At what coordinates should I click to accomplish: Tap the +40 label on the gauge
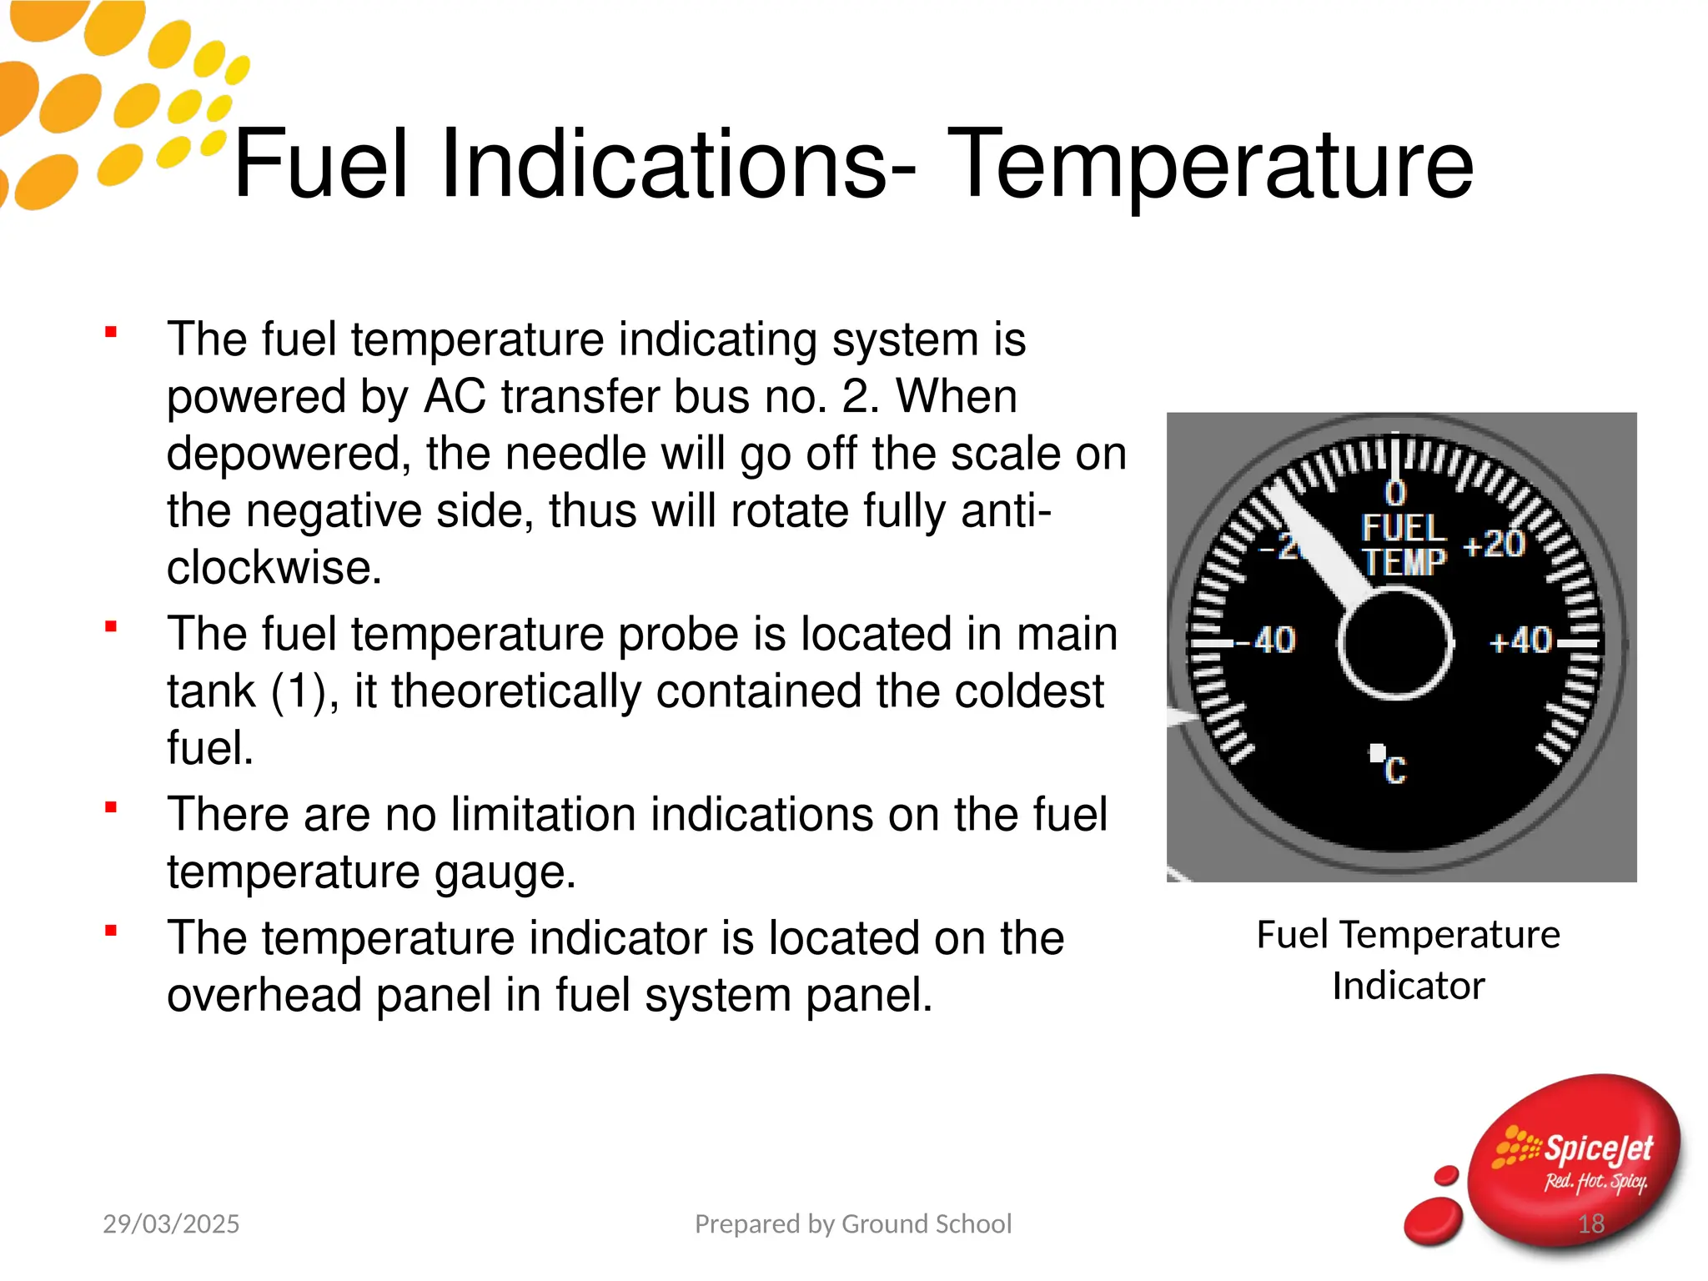click(x=1520, y=641)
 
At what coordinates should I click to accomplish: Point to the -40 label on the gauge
click(x=1265, y=640)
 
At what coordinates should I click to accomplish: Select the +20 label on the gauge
click(x=1494, y=545)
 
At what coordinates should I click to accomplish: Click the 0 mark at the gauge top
click(x=1395, y=493)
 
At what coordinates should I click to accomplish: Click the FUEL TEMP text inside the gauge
click(x=1404, y=545)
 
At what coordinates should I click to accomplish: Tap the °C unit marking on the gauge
click(x=1389, y=766)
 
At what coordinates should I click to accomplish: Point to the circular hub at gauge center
click(x=1395, y=643)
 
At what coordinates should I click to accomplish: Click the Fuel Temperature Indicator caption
click(x=1408, y=959)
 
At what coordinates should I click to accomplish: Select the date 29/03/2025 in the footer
click(x=171, y=1223)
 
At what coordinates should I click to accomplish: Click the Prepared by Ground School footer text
click(x=853, y=1223)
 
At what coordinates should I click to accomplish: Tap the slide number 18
click(x=1590, y=1223)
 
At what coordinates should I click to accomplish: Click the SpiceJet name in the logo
click(x=1597, y=1149)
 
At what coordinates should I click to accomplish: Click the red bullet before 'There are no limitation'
click(x=111, y=807)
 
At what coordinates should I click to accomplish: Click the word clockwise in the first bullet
click(x=274, y=568)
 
